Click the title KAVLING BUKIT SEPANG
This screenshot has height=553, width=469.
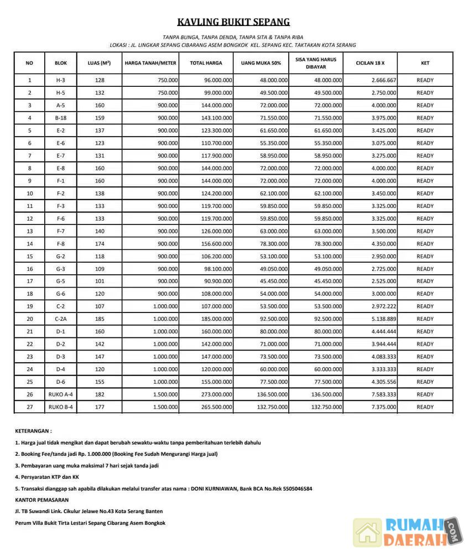[x=233, y=22]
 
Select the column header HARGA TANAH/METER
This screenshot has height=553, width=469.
[x=150, y=63]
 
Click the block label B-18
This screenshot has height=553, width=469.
[x=61, y=118]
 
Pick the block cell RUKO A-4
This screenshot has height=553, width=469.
[x=61, y=394]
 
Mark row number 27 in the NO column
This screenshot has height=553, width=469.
[x=29, y=407]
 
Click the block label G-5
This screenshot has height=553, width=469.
[x=61, y=281]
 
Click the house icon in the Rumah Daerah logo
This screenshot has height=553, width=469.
[x=367, y=533]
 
